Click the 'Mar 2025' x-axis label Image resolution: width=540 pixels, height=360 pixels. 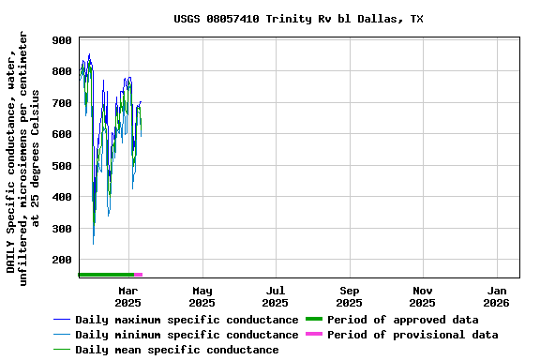[128, 296]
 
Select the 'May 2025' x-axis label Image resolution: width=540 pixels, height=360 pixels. [202, 296]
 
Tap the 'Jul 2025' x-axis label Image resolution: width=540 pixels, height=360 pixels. [275, 296]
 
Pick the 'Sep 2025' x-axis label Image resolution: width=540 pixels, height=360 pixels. [349, 296]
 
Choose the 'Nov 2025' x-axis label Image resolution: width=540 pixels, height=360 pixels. [422, 296]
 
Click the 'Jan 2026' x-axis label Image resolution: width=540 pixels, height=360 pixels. [497, 296]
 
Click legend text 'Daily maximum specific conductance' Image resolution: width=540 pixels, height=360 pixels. [187, 320]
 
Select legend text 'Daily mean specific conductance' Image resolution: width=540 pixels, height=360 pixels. [176, 350]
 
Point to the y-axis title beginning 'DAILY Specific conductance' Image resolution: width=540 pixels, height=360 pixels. [23, 155]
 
